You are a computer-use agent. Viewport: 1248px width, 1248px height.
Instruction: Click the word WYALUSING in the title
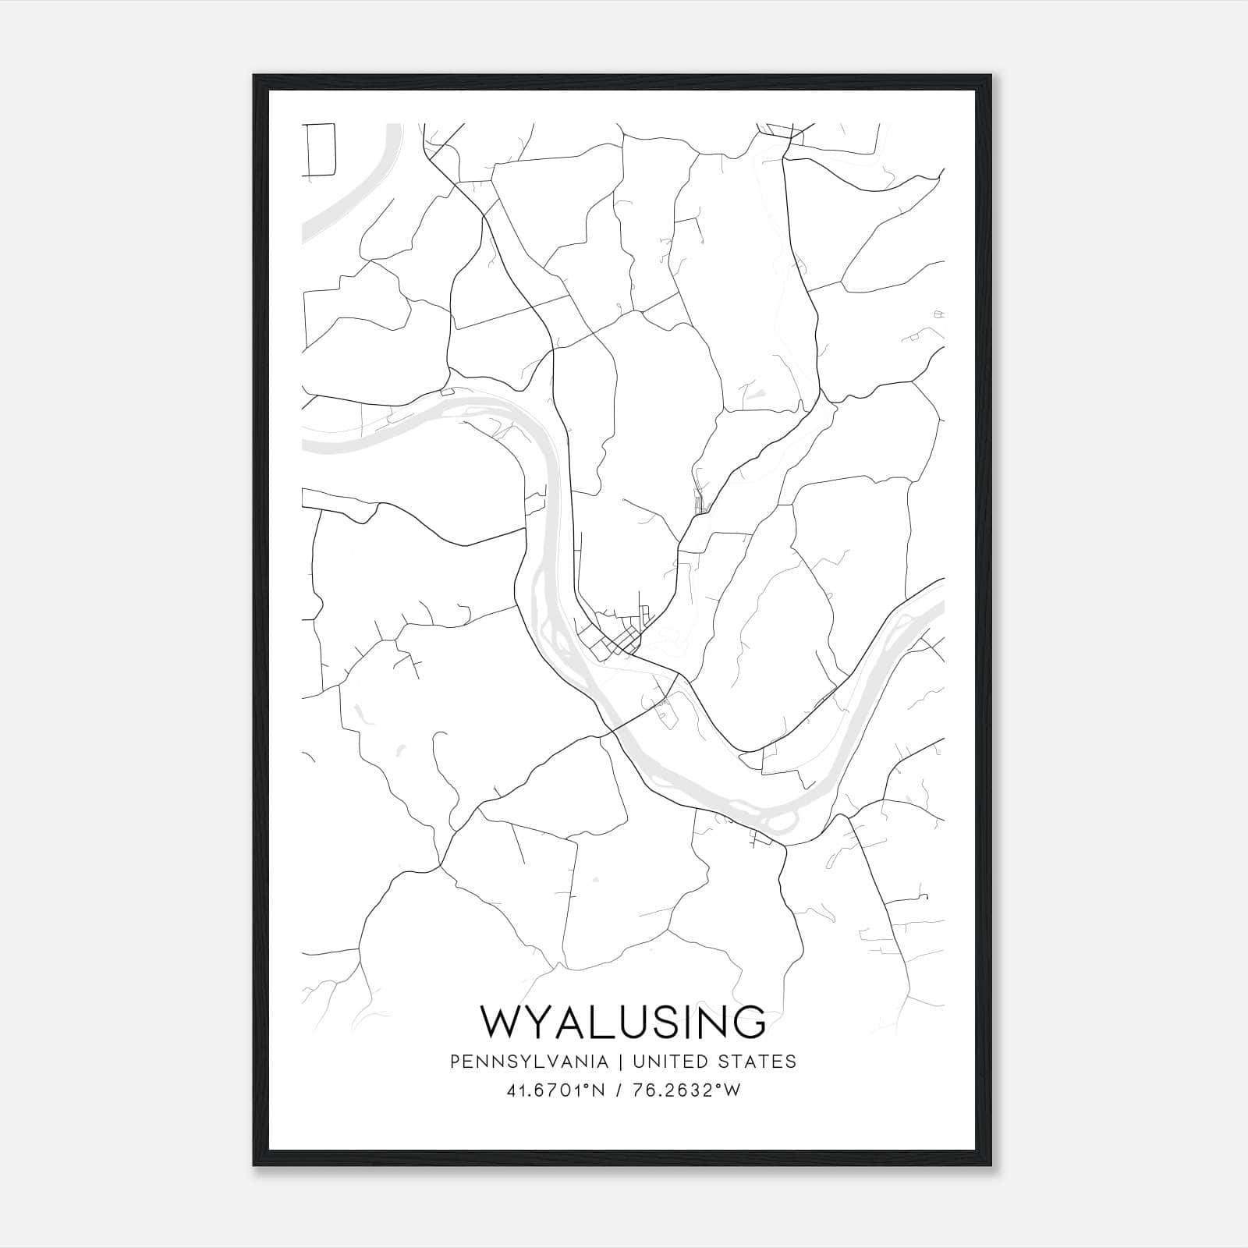[623, 1022]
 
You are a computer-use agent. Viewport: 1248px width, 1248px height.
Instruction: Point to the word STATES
[757, 1061]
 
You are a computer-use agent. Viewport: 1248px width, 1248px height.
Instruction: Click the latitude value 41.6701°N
[555, 1090]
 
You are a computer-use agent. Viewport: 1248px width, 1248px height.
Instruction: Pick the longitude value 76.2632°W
[686, 1090]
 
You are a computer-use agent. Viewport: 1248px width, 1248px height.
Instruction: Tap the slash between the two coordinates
[618, 1090]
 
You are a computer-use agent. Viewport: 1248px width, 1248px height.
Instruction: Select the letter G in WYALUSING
[746, 1022]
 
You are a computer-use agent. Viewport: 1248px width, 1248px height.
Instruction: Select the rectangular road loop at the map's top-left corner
[320, 148]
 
